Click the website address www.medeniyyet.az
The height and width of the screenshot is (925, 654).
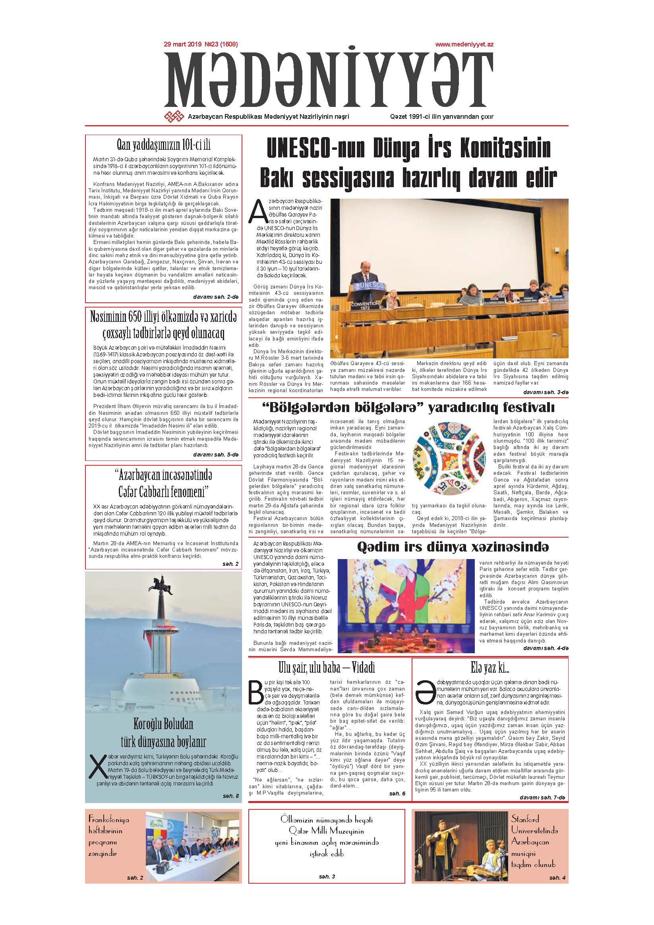coord(464,45)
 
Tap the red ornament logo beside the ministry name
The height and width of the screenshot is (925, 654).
coord(174,116)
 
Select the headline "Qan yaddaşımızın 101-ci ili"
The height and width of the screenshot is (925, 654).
coord(163,145)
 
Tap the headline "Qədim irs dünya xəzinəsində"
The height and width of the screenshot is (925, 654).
coord(453,547)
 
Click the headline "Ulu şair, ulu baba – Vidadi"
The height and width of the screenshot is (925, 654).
coord(326,668)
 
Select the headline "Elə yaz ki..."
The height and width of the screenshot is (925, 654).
coord(490,668)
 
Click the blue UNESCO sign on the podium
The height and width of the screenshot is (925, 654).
coord(364,285)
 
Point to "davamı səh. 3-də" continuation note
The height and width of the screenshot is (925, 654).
coord(546,392)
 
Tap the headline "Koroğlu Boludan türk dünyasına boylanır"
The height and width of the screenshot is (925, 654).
coord(163,733)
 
